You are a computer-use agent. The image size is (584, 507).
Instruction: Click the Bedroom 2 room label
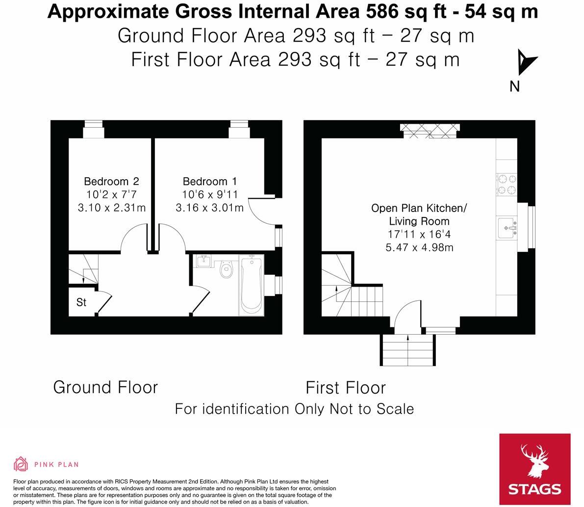point(111,182)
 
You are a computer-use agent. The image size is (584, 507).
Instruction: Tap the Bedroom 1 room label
point(209,182)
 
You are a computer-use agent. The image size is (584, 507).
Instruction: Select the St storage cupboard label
point(81,302)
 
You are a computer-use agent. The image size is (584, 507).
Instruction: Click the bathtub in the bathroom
point(251,285)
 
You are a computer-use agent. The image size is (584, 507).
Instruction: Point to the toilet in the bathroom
point(226,269)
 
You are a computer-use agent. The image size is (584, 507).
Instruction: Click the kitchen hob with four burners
point(507,185)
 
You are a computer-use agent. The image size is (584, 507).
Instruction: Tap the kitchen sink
point(507,228)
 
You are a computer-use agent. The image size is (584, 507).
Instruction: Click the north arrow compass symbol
point(526,62)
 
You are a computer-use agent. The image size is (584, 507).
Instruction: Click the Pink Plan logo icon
point(21,464)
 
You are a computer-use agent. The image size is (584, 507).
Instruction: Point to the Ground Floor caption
point(105,387)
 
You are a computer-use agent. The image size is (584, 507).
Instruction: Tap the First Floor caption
point(346,388)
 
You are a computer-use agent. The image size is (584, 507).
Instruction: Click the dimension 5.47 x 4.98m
point(419,247)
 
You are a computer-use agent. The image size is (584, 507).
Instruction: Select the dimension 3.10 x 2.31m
point(111,208)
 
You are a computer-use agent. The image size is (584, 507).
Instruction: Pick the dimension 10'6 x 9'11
point(209,194)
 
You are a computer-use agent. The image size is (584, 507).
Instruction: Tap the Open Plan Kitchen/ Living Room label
point(419,214)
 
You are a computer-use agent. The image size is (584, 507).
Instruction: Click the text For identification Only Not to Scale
point(294,409)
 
